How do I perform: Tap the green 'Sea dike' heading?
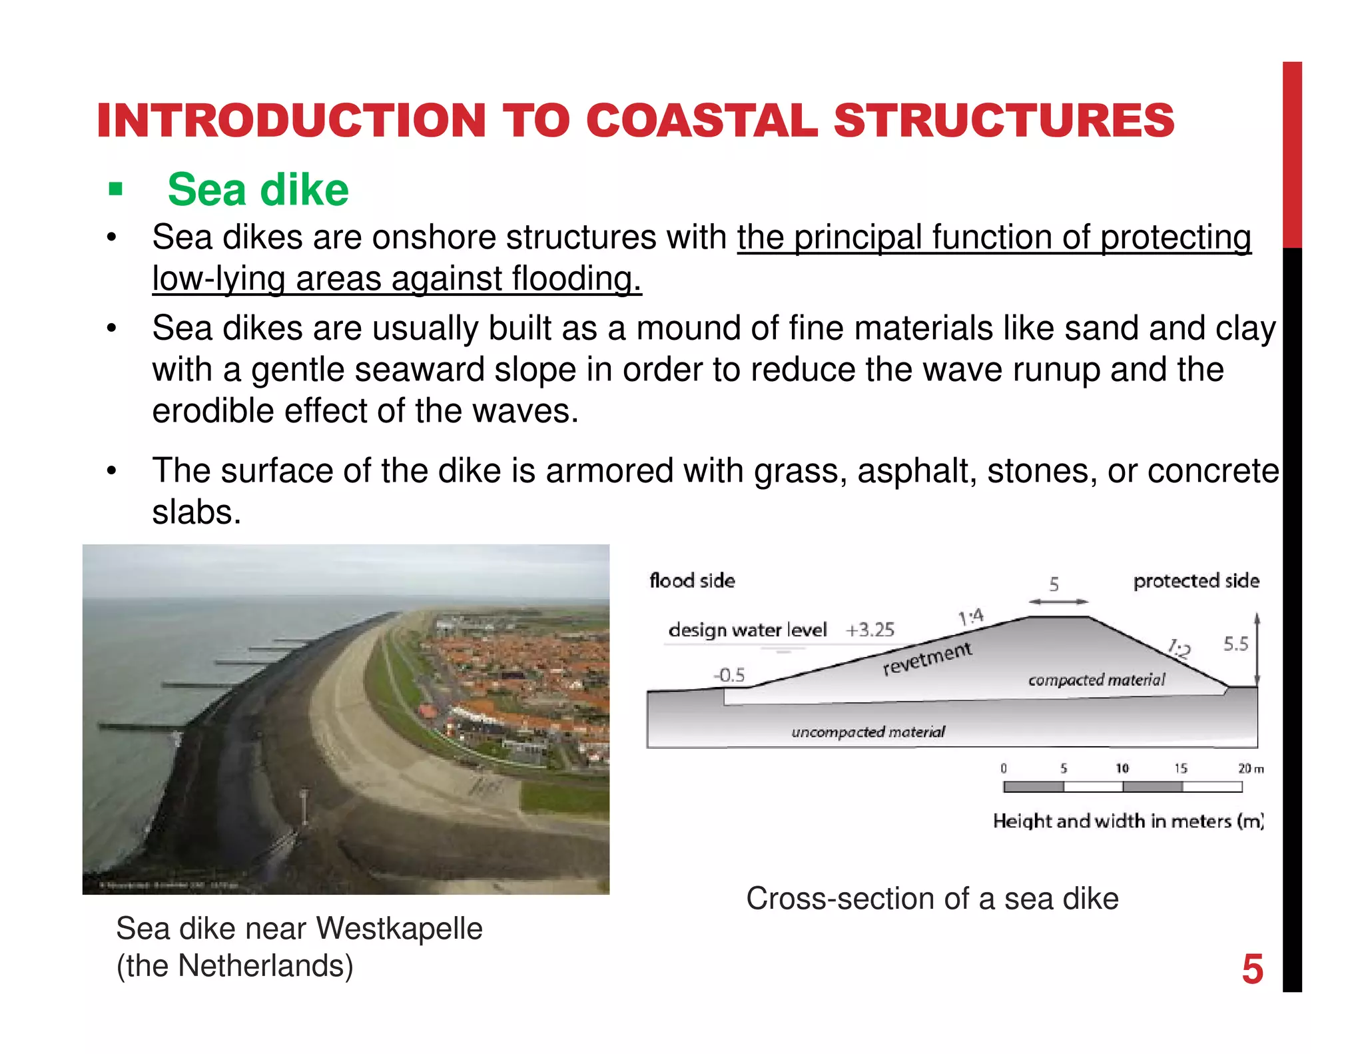(x=258, y=190)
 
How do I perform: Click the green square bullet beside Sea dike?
(x=116, y=189)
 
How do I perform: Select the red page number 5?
(x=1252, y=969)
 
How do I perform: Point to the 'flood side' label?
(x=692, y=581)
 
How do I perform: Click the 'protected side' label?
(x=1196, y=581)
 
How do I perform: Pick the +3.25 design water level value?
(x=870, y=630)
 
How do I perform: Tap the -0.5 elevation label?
(x=729, y=676)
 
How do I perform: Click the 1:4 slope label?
(x=971, y=617)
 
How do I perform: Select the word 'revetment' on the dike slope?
(x=927, y=658)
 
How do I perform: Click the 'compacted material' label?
(x=1096, y=680)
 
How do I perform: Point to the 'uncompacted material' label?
(x=868, y=732)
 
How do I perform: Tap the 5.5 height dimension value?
(x=1235, y=644)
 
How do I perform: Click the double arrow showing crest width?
(x=1058, y=602)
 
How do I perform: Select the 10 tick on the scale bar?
(x=1122, y=768)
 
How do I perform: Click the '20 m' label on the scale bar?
(x=1250, y=768)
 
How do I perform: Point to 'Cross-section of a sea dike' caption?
(x=932, y=899)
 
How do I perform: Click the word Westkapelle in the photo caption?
(x=399, y=929)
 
